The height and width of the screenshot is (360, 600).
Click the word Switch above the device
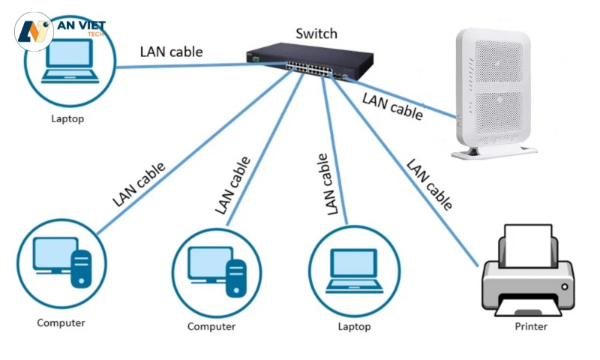click(316, 34)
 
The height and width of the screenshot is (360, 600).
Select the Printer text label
click(531, 327)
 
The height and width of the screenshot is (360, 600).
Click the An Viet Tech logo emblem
click(34, 31)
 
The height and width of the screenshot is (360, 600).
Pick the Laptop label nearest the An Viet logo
click(67, 119)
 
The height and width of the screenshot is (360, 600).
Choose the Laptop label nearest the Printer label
click(354, 327)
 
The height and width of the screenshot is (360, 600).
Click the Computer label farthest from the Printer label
click(61, 323)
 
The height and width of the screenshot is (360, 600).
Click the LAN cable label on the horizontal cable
click(171, 52)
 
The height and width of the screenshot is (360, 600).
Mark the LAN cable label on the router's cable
click(392, 106)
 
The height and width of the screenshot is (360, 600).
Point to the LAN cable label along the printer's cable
click(429, 184)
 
